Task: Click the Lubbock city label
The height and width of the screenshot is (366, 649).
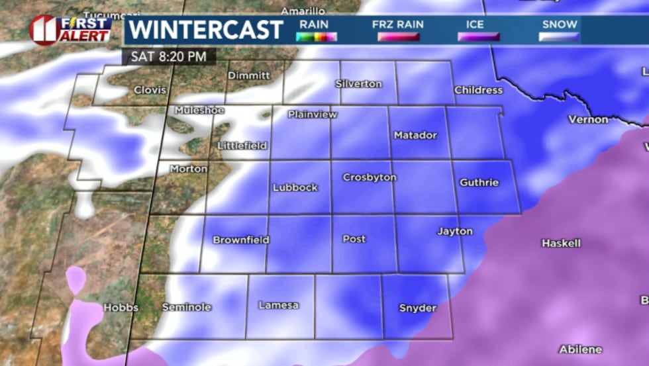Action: coord(295,187)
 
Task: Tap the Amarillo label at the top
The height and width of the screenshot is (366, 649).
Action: coord(303,11)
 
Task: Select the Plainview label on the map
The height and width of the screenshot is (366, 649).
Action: coord(313,114)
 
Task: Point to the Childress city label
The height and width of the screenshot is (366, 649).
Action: coord(478,90)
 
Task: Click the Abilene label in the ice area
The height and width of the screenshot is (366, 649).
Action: coord(580,349)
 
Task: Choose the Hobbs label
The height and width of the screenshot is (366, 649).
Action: coord(121,308)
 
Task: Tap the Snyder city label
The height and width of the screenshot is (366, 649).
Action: coord(418,308)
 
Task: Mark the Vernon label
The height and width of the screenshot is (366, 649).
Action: coord(588,119)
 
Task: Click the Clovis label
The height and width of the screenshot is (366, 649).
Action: coord(150,90)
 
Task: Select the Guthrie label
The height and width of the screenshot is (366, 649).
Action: coord(479,182)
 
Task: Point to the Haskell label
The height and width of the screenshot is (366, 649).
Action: coord(561,243)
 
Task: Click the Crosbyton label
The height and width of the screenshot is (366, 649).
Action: coord(370,177)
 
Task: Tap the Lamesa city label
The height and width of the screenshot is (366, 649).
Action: coord(278,305)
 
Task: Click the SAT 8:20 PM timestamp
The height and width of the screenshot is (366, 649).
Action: coord(168,56)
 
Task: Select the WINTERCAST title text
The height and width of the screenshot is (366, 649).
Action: coord(206,30)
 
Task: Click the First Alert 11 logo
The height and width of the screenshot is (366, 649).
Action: coord(70,30)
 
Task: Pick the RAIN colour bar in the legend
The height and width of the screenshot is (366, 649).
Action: coord(317,37)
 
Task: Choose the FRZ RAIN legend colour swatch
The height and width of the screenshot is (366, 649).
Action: coord(398,37)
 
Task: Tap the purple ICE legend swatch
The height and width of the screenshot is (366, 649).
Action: coord(479,37)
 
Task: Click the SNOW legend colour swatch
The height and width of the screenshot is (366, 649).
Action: coord(559,37)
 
